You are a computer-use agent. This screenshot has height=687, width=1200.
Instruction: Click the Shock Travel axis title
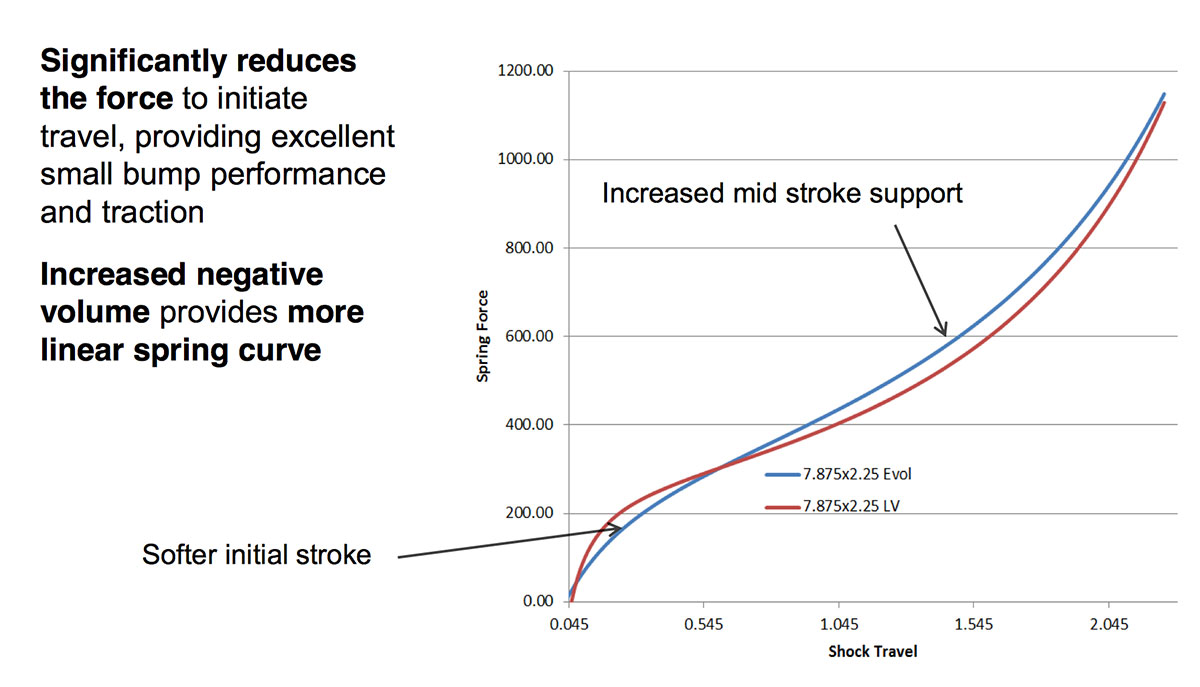click(x=872, y=652)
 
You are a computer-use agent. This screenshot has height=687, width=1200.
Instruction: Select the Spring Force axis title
click(x=483, y=335)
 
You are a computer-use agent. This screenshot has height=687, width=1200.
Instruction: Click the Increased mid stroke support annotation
click(x=782, y=192)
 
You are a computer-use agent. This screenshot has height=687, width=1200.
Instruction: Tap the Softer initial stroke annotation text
click(x=256, y=555)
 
